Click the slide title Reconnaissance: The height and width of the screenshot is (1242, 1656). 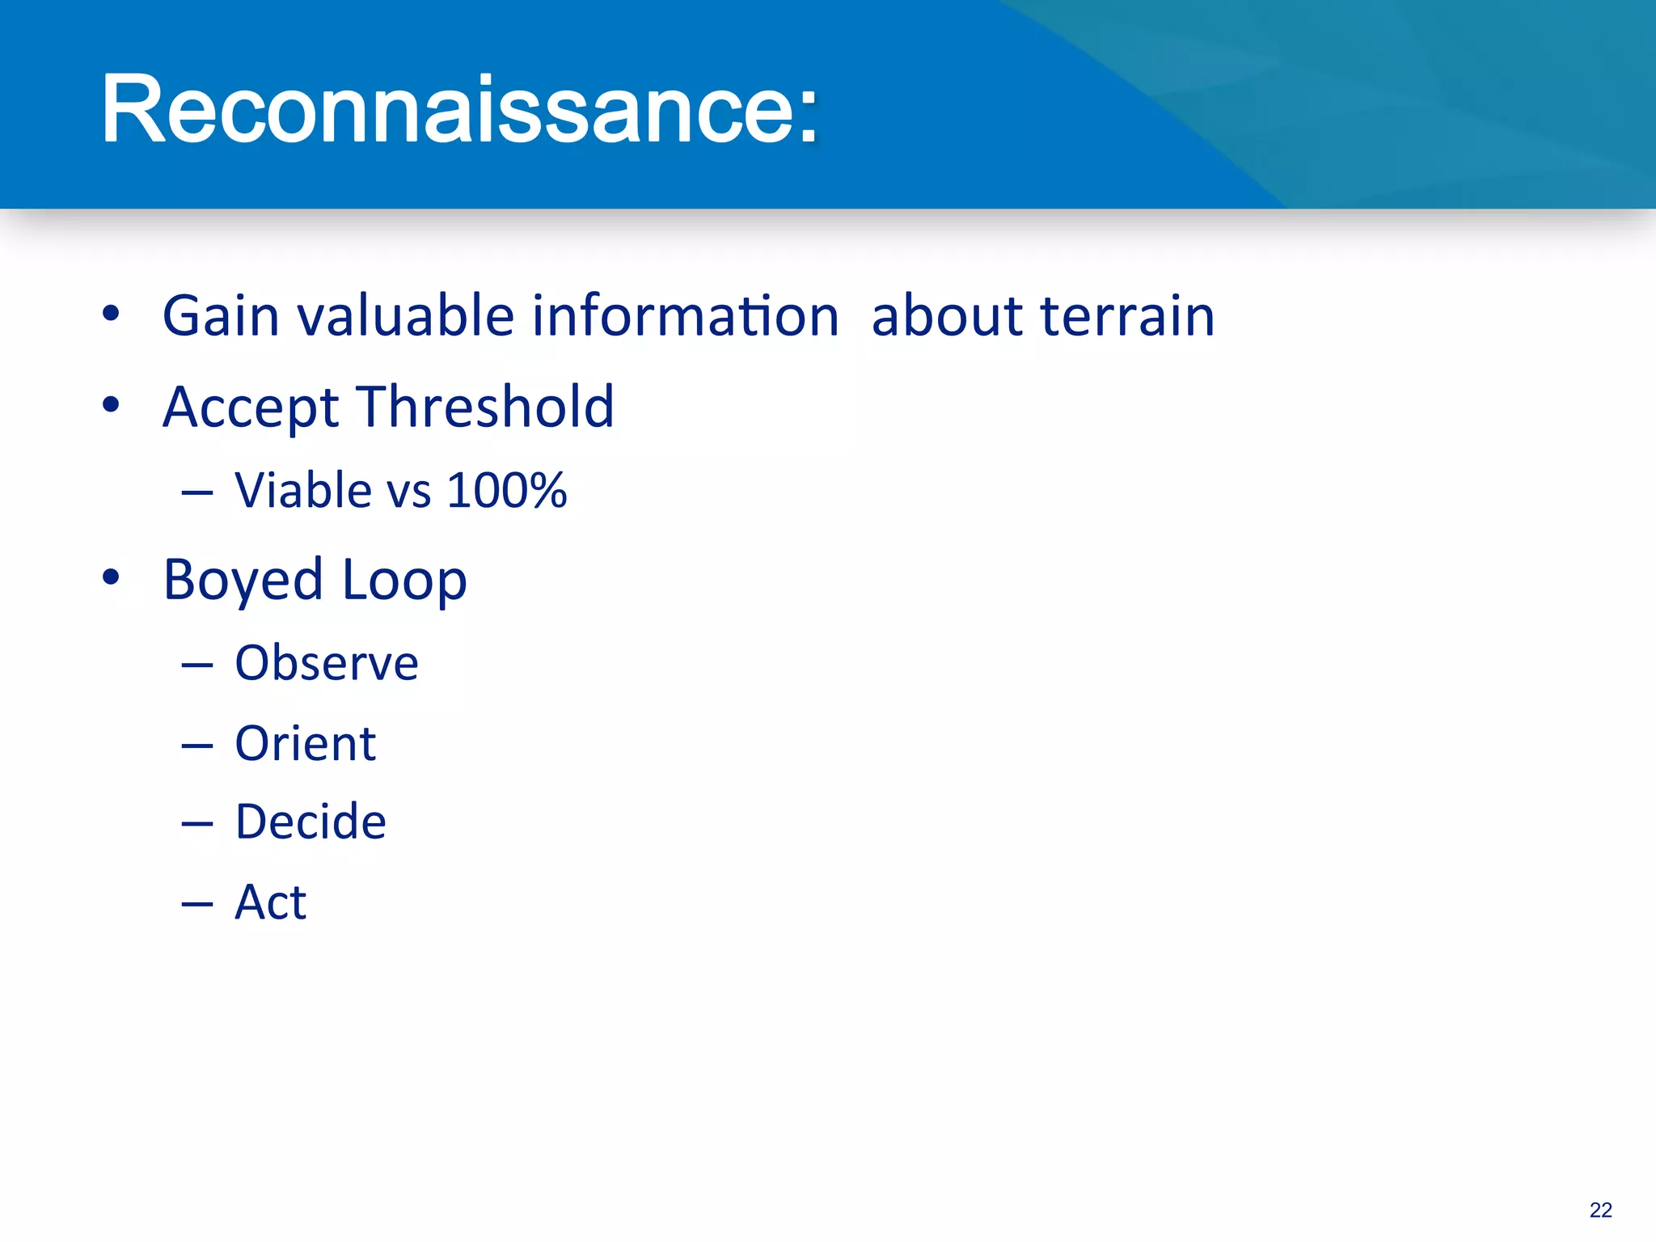pyautogui.click(x=459, y=109)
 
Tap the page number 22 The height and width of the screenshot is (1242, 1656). pyautogui.click(x=1600, y=1210)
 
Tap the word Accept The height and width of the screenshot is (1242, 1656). pyautogui.click(x=251, y=407)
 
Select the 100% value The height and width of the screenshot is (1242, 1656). pyautogui.click(x=506, y=490)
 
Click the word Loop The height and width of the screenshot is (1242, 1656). pyautogui.click(x=404, y=581)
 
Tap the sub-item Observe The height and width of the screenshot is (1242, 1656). pyautogui.click(x=327, y=663)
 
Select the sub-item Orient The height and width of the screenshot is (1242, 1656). pyautogui.click(x=305, y=743)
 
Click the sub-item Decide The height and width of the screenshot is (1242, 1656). pyautogui.click(x=310, y=822)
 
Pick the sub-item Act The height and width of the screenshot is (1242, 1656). pyautogui.click(x=270, y=902)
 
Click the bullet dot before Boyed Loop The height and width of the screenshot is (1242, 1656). pyautogui.click(x=112, y=577)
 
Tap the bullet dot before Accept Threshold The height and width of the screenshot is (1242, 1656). pyautogui.click(x=112, y=404)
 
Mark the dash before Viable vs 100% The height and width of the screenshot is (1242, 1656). pyautogui.click(x=197, y=492)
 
